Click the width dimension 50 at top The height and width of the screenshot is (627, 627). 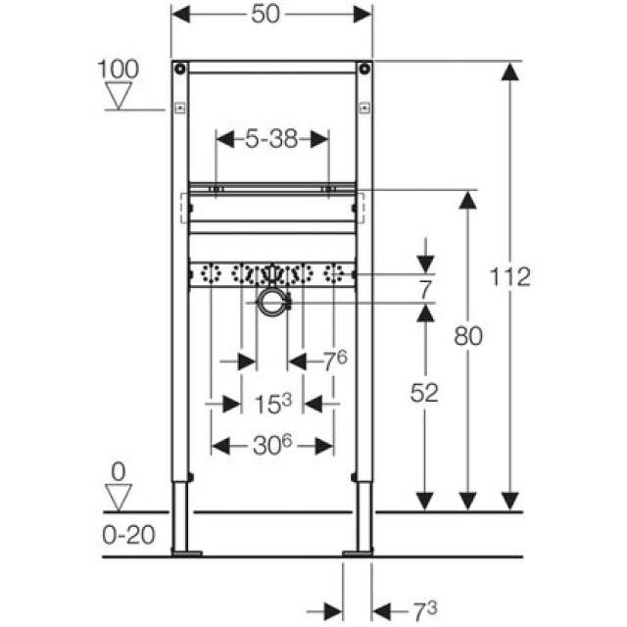coord(271,15)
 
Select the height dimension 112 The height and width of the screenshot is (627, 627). coord(510,276)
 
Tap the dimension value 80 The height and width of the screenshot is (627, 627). coord(467,336)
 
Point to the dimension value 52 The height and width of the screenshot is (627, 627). coord(424,393)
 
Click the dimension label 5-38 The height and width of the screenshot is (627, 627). coord(271,139)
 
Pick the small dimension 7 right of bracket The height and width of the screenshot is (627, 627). coord(424,289)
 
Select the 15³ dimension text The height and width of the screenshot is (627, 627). coord(271,402)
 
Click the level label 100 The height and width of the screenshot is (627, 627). coord(119,69)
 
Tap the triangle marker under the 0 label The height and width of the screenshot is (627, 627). coord(119,498)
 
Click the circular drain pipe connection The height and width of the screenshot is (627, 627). coord(271,304)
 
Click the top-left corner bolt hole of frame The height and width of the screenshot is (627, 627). coord(179,70)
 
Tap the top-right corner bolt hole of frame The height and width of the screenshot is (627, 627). coord(363,70)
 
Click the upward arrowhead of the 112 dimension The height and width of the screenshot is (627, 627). coord(510,73)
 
